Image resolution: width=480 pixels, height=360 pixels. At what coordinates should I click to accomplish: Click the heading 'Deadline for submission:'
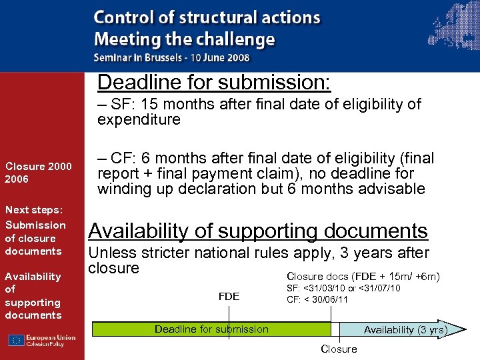pos(214,83)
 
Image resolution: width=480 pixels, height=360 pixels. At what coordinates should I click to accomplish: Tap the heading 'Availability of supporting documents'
pos(258,231)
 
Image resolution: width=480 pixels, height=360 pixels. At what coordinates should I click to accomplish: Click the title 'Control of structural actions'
pos(207,18)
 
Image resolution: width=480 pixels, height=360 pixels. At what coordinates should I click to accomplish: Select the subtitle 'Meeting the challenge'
pos(184,39)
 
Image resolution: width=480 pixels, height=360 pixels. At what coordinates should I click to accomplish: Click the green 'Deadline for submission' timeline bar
pos(211,329)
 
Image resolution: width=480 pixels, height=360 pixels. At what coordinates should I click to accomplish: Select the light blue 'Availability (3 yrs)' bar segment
pos(393,329)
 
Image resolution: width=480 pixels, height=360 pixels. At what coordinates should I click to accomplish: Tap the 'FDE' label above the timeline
pos(229,296)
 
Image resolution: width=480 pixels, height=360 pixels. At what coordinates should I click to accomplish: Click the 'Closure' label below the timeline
pos(339,349)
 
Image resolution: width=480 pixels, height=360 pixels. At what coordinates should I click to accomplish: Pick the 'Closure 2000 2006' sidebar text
pos(38,173)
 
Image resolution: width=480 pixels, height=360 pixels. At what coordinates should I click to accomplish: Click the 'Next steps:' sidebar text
pos(33,209)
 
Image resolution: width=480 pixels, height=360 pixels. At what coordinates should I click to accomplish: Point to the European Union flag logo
pos(16,340)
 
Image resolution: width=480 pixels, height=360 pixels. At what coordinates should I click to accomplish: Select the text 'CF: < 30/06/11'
pos(317,299)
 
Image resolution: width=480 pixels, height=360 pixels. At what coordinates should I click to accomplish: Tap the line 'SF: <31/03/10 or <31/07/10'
pos(343,288)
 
